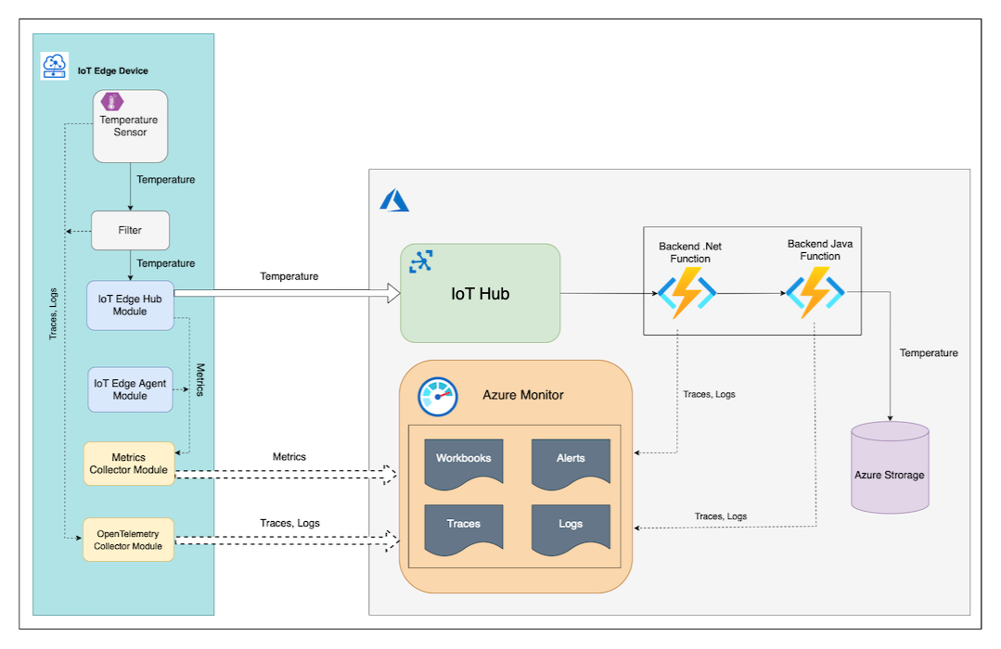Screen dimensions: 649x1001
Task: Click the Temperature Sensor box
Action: (x=130, y=127)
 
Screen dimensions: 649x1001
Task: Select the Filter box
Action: (x=130, y=230)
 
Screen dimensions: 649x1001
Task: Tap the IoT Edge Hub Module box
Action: (x=130, y=305)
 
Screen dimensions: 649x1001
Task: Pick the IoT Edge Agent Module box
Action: (x=130, y=389)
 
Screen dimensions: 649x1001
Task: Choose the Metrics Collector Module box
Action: (x=129, y=464)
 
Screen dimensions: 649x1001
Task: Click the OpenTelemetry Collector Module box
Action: (x=129, y=540)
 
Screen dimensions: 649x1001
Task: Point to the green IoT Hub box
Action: (x=480, y=294)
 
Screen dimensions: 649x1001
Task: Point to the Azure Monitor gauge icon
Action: (x=438, y=397)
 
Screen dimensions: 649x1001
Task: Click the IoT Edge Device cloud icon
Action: (x=55, y=66)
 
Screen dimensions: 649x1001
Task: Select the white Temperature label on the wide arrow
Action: (x=289, y=276)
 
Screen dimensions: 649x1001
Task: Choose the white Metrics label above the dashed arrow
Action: (x=289, y=457)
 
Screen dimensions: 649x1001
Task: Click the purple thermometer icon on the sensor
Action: (x=112, y=102)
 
